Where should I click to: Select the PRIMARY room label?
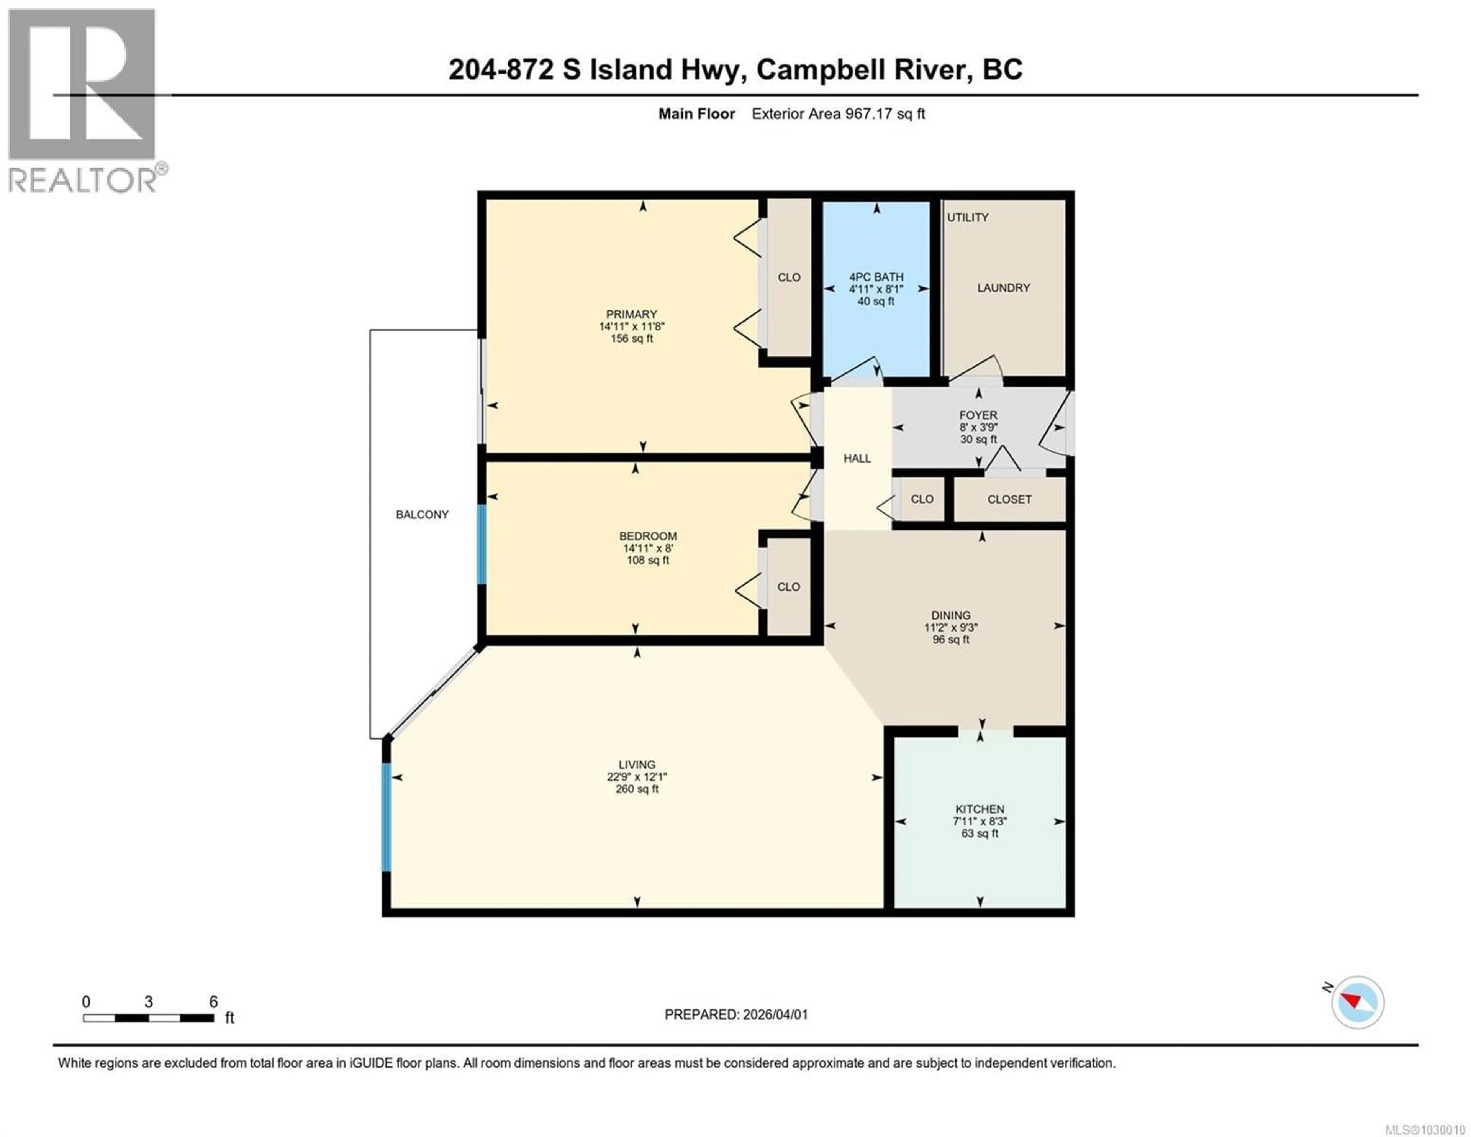631,314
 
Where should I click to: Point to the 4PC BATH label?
876,277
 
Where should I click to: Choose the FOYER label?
978,415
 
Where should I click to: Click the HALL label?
857,458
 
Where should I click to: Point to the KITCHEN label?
979,809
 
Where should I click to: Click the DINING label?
950,615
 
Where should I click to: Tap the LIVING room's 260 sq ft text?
637,789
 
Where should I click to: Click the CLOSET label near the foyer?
1009,499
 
